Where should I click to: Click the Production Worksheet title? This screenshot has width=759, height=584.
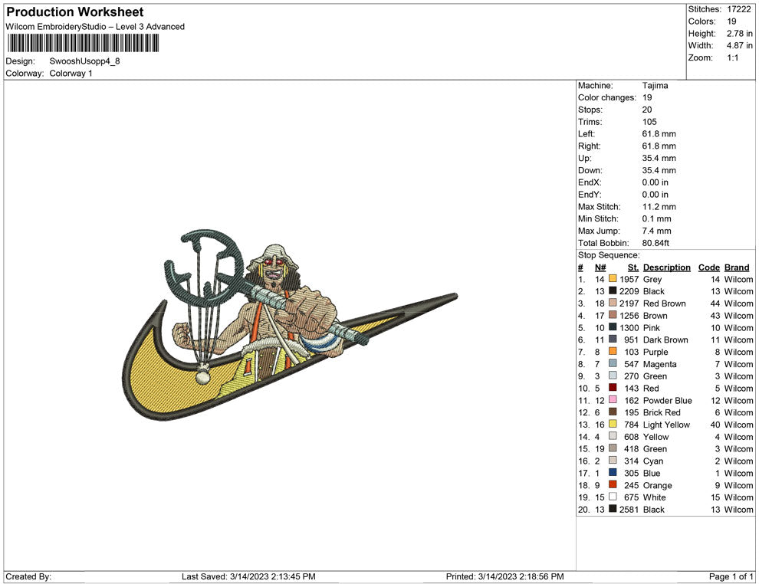(75, 12)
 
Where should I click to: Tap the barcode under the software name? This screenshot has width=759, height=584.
(83, 44)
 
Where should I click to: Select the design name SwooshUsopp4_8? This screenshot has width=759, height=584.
(84, 61)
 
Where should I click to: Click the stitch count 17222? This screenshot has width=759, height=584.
(738, 9)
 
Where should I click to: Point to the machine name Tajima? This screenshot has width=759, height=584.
(655, 86)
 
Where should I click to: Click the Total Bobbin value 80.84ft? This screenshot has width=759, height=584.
(656, 243)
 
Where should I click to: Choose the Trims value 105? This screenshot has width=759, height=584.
(649, 122)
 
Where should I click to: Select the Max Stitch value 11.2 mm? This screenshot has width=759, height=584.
(659, 207)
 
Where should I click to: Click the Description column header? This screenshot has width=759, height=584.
(666, 267)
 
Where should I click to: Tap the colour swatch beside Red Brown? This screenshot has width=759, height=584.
(613, 303)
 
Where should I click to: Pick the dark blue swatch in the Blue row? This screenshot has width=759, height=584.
(613, 472)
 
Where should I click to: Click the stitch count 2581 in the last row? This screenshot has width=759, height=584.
(629, 510)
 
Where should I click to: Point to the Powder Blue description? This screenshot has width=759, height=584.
(667, 401)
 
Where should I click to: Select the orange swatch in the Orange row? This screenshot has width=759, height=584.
(613, 484)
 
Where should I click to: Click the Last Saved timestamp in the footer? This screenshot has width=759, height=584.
(248, 576)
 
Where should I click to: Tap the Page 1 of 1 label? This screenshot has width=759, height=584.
(731, 576)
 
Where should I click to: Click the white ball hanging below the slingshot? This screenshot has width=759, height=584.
(202, 376)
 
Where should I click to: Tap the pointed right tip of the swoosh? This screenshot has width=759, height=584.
(456, 294)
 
